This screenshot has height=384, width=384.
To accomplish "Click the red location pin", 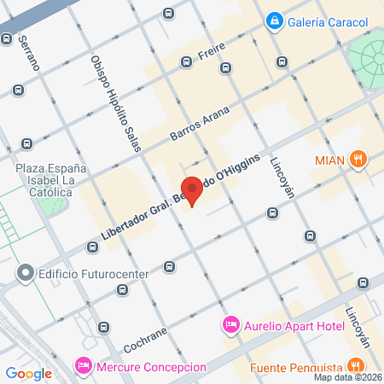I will [192, 190].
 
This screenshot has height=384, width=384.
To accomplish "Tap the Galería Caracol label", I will [329, 21].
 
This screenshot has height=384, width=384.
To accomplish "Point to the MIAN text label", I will [329, 160].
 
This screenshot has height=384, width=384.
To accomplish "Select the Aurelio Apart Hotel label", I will [294, 325].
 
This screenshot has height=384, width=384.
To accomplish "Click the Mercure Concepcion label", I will [152, 367].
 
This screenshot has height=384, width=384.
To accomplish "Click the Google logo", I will [29, 373].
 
